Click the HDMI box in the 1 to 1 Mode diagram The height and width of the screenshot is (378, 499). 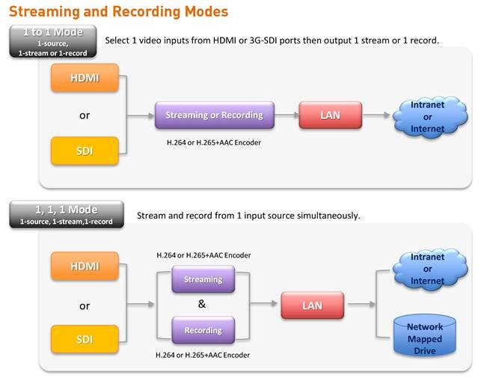click(85, 78)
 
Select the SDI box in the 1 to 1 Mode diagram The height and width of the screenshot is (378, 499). click(85, 150)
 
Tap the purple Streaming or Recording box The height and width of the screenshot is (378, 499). click(215, 115)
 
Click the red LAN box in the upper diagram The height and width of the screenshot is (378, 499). click(331, 115)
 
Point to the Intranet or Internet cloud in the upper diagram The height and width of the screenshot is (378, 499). click(430, 117)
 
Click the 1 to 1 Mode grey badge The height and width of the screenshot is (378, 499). click(53, 42)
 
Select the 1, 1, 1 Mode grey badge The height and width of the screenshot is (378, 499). click(67, 214)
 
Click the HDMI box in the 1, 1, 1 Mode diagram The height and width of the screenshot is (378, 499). click(85, 266)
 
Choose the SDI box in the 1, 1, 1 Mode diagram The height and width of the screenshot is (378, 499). click(85, 339)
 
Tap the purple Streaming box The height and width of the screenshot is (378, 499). click(203, 279)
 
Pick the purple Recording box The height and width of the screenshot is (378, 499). click(203, 330)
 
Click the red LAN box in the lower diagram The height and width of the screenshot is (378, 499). click(313, 305)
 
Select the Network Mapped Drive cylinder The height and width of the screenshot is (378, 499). click(424, 335)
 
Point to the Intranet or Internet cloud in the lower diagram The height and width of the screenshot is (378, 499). click(430, 269)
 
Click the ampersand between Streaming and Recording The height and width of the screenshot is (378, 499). click(202, 304)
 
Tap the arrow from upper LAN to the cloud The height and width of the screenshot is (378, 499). click(376, 115)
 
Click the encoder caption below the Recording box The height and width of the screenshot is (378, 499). click(203, 355)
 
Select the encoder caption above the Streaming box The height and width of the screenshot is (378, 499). click(203, 255)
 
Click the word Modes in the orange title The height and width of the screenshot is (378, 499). click(206, 11)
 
